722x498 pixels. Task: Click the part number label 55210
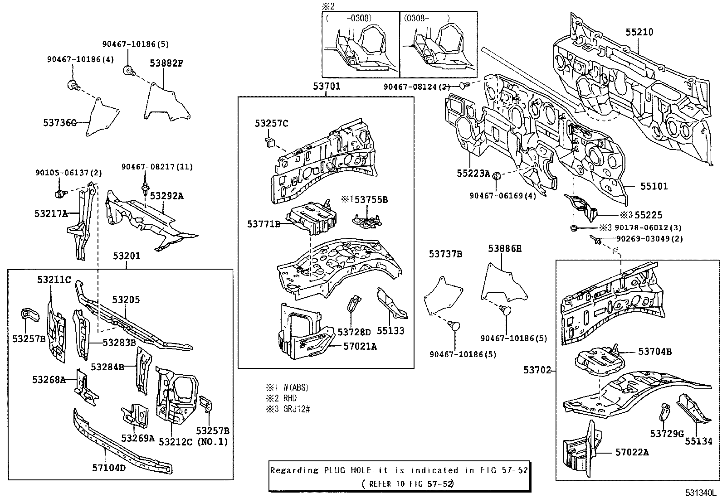click(639, 32)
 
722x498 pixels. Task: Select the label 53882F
click(166, 63)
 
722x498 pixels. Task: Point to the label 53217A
click(51, 213)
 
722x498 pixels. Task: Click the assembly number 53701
click(327, 87)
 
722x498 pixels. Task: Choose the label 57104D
click(109, 467)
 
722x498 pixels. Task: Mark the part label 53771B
click(263, 224)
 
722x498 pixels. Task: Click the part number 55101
click(654, 186)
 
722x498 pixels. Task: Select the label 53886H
click(505, 248)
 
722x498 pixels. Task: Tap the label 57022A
click(632, 452)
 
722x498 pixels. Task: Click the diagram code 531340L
click(702, 493)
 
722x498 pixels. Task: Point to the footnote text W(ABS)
click(296, 387)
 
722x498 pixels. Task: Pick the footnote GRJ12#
click(297, 409)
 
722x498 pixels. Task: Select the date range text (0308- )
click(427, 18)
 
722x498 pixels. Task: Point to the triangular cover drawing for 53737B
click(444, 296)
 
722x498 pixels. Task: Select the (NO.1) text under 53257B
click(212, 441)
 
